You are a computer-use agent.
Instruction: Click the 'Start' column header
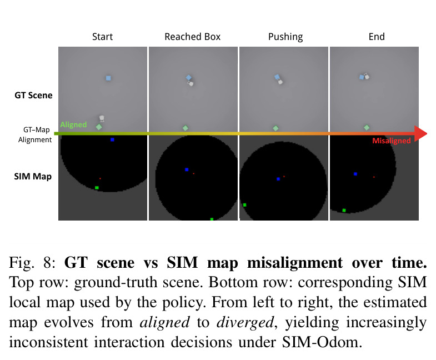[x=102, y=37]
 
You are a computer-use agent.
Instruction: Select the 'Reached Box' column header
[x=192, y=37]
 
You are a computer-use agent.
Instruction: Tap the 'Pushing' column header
[x=285, y=37]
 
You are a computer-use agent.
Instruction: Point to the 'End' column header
[x=377, y=37]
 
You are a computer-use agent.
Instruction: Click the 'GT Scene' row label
[x=33, y=96]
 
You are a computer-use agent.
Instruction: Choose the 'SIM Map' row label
[x=33, y=176]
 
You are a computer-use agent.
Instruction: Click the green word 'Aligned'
[x=73, y=124]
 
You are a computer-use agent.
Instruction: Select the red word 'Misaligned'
[x=392, y=141]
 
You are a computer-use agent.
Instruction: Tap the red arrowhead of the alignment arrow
[x=420, y=134]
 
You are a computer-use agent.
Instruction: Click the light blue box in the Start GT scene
[x=108, y=78]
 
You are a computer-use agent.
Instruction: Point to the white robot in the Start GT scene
[x=102, y=118]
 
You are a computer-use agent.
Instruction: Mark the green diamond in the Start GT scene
[x=99, y=127]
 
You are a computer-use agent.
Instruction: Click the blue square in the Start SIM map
[x=112, y=139]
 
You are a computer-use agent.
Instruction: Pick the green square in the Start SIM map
[x=97, y=188]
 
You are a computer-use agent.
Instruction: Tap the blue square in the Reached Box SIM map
[x=187, y=169]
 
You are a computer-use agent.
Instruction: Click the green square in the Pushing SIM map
[x=245, y=205]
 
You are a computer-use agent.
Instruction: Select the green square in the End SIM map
[x=344, y=211]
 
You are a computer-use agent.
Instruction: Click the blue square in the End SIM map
[x=355, y=174]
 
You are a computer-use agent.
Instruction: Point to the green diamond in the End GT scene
[x=367, y=127]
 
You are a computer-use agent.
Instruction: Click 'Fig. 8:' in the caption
[x=33, y=263]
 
